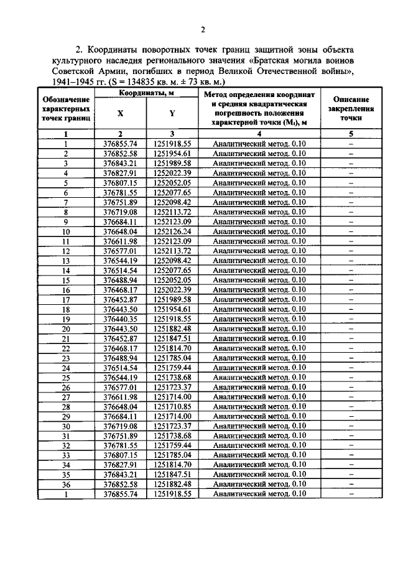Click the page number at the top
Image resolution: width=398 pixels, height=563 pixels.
point(203,29)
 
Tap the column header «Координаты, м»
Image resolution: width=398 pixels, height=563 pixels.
point(146,93)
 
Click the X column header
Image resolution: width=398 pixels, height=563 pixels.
point(120,113)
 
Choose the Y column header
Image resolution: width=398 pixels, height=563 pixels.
point(172,113)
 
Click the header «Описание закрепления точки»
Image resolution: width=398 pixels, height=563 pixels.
point(351,108)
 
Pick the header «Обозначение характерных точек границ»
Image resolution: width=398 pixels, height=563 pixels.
point(65,108)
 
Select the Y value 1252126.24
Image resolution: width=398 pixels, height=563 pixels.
point(172,231)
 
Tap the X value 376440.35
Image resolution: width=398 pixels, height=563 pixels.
point(120,319)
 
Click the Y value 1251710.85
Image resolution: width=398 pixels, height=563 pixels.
point(172,406)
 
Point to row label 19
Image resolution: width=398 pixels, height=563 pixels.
point(65,319)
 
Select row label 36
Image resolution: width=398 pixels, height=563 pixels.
point(65,484)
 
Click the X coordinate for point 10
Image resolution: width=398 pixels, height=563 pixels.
point(120,231)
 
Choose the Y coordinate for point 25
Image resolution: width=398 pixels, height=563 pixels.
point(172,377)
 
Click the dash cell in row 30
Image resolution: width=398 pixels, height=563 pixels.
point(351,426)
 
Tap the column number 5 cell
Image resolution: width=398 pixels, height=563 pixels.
point(351,133)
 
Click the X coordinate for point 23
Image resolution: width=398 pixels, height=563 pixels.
point(120,358)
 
